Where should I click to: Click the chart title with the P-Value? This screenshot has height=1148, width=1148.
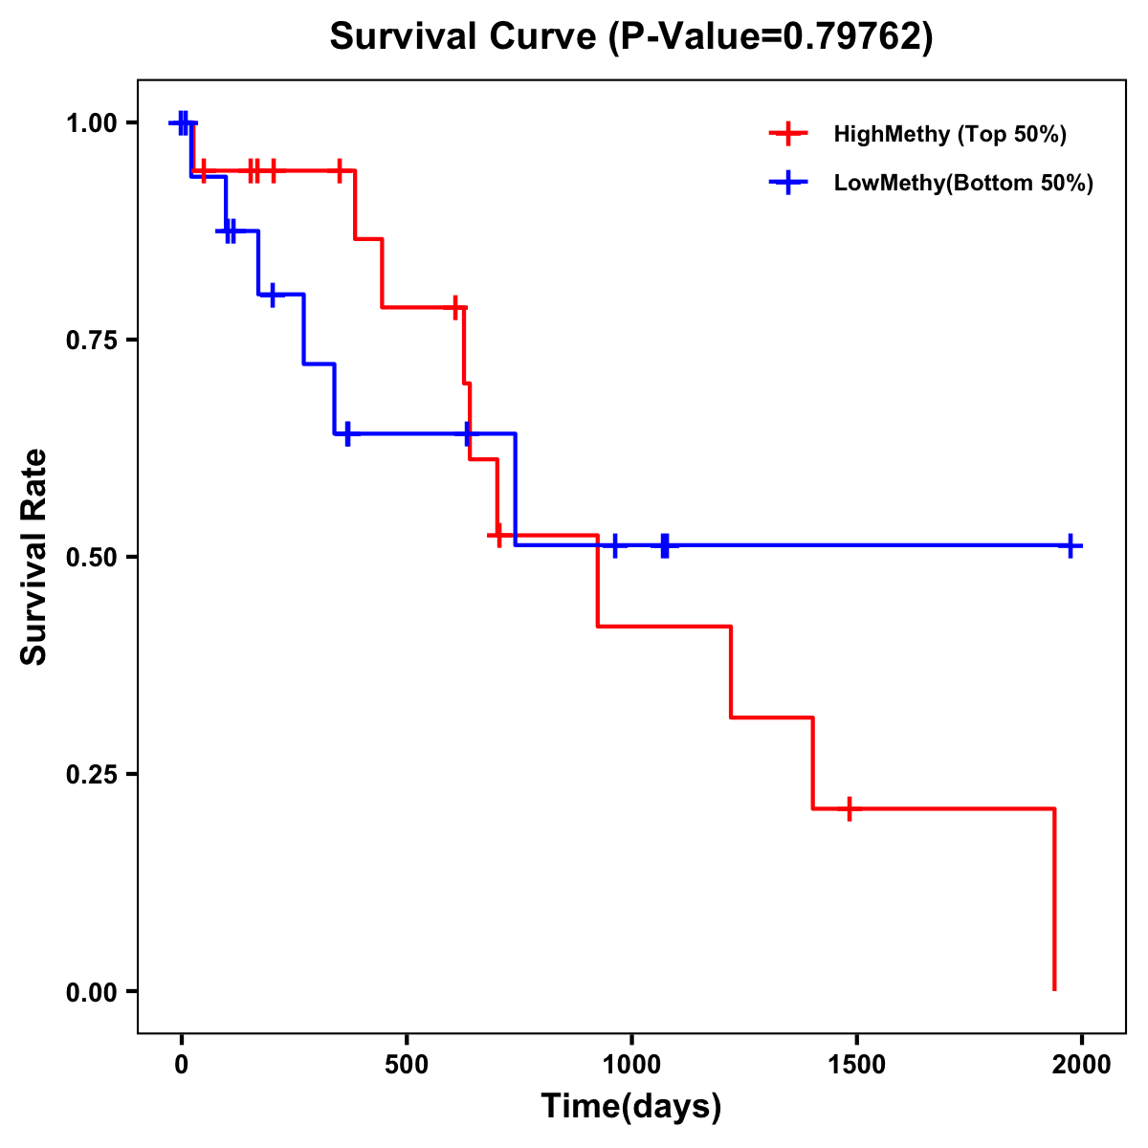[630, 36]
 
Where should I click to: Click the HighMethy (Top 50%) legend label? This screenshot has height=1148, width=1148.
[950, 134]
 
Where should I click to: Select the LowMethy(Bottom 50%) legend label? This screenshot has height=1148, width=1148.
[963, 184]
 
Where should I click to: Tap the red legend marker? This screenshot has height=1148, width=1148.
[787, 134]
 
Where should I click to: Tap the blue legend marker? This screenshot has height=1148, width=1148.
[787, 184]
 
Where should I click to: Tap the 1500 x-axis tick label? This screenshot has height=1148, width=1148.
[856, 1065]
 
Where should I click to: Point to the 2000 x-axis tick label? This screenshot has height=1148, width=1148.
[1081, 1065]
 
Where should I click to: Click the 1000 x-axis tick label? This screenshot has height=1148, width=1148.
[631, 1065]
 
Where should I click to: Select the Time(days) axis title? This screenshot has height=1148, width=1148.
[631, 1107]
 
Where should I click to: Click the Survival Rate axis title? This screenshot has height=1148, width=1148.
[34, 557]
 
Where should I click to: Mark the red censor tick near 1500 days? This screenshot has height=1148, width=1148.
[849, 808]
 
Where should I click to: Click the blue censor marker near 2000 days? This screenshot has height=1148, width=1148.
[1071, 545]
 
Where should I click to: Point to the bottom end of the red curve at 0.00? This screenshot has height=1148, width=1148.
[1054, 988]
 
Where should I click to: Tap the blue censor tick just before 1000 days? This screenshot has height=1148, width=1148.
[615, 545]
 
